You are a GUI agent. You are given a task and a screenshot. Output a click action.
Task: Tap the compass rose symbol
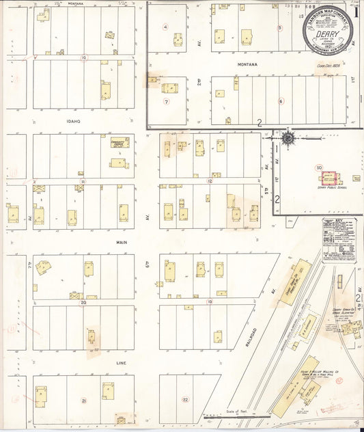click(x=289, y=137)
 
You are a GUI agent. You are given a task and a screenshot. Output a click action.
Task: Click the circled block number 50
click(x=318, y=167)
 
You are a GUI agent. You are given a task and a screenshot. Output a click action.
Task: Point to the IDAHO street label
click(x=74, y=122)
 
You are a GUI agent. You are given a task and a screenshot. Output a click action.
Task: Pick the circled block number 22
click(x=185, y=399)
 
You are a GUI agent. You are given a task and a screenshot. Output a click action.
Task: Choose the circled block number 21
click(x=84, y=401)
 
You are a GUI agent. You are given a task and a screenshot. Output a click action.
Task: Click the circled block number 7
click(x=166, y=102)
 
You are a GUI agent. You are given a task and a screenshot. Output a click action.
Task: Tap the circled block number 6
click(x=281, y=102)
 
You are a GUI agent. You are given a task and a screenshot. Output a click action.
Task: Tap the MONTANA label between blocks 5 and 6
click(x=247, y=64)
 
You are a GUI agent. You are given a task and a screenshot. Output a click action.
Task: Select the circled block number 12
click(x=210, y=181)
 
